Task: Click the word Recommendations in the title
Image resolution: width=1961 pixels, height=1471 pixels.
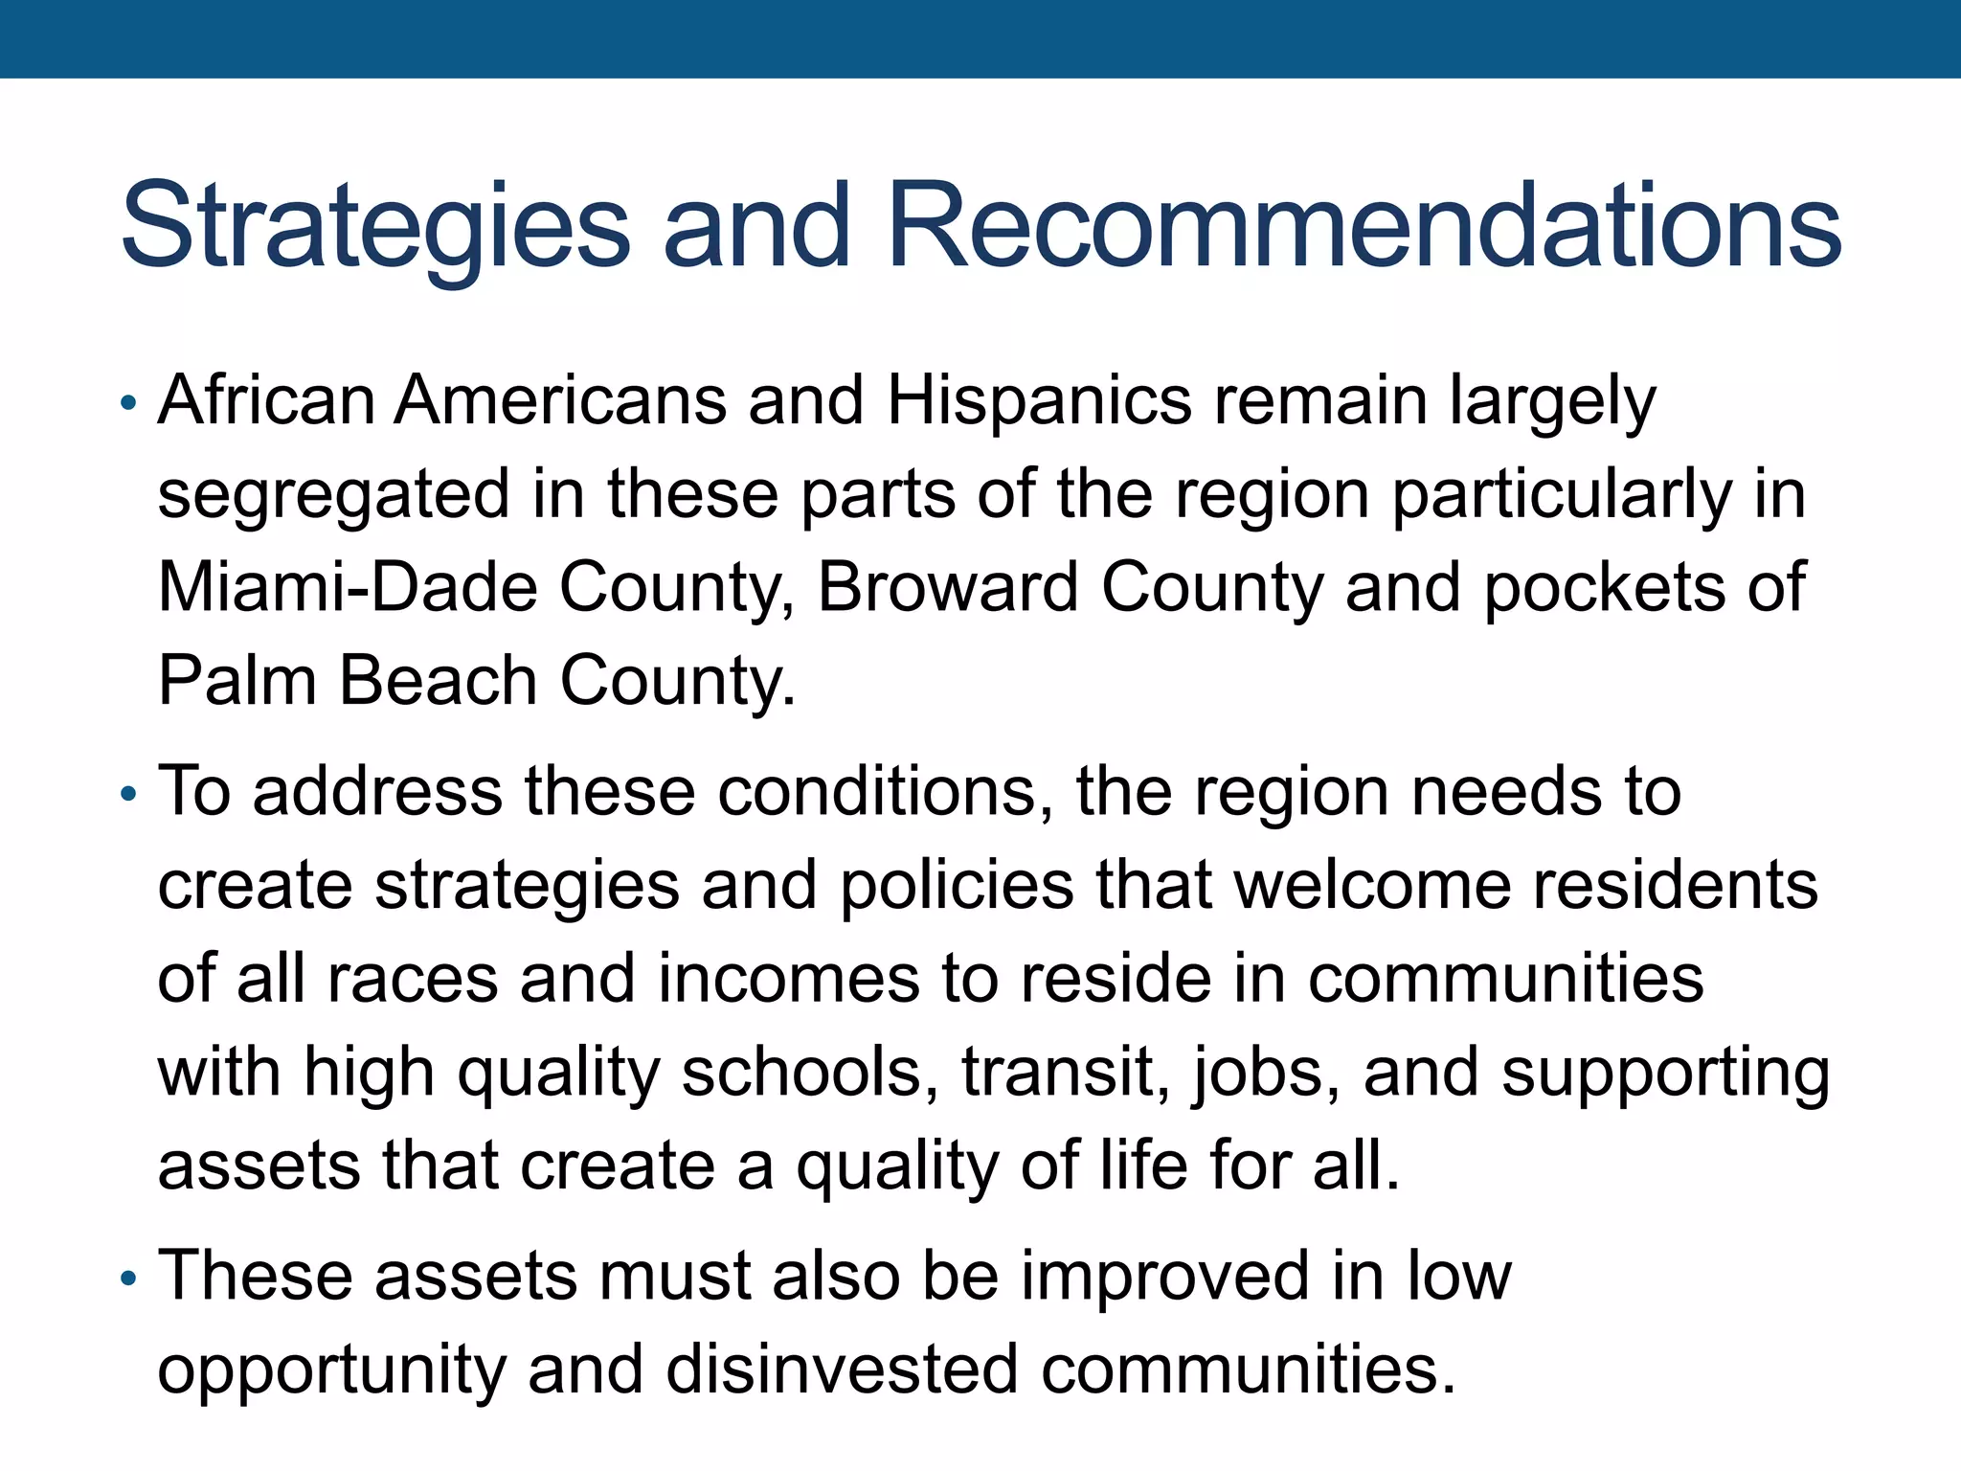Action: [x=1364, y=226]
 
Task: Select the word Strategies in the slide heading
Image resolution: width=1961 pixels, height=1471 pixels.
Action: [x=375, y=226]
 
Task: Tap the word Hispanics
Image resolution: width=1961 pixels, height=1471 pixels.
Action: [x=1039, y=400]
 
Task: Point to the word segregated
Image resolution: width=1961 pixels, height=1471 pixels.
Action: [x=334, y=494]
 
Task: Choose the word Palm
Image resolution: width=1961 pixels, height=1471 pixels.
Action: [x=237, y=680]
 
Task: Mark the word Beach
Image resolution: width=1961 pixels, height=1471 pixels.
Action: [x=438, y=680]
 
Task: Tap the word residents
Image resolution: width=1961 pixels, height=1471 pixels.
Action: [x=1675, y=885]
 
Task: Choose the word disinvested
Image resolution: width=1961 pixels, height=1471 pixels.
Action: [x=842, y=1369]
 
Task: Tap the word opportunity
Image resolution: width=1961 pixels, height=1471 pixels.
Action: [x=331, y=1369]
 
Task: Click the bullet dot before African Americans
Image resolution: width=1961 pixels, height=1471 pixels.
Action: [x=129, y=403]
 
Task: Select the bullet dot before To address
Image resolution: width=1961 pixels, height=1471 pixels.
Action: [x=129, y=794]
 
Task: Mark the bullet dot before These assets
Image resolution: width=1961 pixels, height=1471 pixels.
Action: [x=129, y=1279]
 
